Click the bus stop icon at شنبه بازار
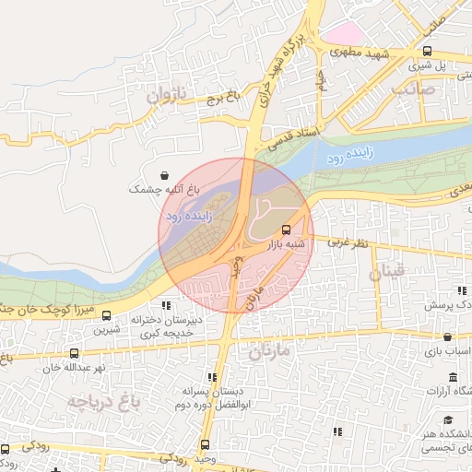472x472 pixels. (285, 230)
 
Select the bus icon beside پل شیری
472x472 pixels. (426, 52)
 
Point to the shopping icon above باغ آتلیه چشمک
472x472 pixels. (164, 174)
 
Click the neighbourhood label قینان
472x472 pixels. (386, 272)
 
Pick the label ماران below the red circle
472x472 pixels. (269, 351)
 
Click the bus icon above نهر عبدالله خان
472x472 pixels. (74, 353)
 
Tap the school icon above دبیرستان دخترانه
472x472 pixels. (166, 305)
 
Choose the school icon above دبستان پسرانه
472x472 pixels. (213, 377)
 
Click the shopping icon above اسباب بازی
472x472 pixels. (447, 337)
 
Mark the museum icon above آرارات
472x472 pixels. (453, 378)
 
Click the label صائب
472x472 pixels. (411, 89)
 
